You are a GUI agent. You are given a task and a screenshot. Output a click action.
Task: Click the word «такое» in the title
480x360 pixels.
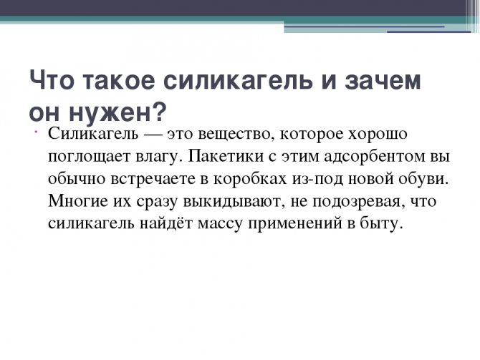118,80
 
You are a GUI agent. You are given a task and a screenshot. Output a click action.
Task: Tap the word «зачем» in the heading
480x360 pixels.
383,80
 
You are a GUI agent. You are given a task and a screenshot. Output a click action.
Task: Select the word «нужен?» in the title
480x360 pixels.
117,112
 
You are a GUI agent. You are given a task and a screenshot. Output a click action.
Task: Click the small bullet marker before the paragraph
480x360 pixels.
36,132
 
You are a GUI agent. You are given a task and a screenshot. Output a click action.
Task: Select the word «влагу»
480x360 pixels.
157,157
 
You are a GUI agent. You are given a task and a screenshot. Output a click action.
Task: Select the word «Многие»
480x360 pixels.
78,201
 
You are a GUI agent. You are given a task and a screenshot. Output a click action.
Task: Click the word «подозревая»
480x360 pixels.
356,202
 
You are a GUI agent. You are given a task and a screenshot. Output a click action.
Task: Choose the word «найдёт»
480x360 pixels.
166,223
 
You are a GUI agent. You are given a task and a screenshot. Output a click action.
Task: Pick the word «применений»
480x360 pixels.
294,224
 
